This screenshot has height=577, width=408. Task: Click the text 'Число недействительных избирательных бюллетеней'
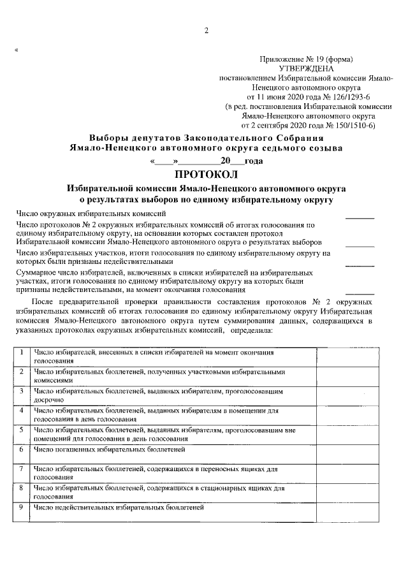coord(119,508)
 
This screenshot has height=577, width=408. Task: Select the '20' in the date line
coord(224,161)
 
